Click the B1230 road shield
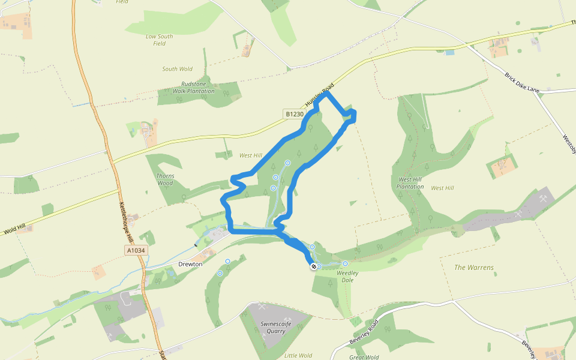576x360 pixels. [x=295, y=114]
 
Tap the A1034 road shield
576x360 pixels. [x=136, y=250]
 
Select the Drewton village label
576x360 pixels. [x=190, y=264]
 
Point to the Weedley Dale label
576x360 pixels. [x=347, y=277]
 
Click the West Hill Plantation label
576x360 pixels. [x=411, y=183]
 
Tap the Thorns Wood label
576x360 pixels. [x=165, y=179]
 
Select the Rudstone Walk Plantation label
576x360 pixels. [x=193, y=88]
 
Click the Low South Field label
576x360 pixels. [x=159, y=40]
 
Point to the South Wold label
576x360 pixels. [x=177, y=69]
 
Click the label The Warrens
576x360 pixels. [x=473, y=267]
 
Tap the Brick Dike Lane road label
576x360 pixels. [x=521, y=83]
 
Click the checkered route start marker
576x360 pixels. [x=314, y=266]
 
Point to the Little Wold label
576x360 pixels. [x=298, y=355]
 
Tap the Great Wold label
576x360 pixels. [x=365, y=357]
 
